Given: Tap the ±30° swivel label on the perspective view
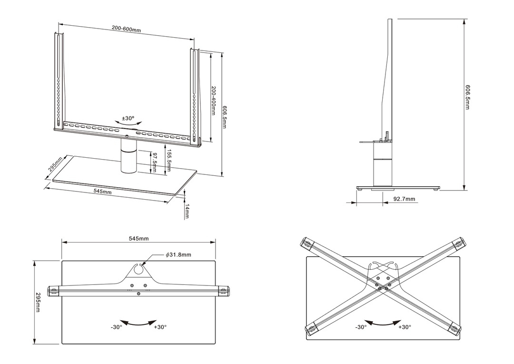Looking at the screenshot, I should [x=128, y=118].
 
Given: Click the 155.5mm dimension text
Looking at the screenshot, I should [x=168, y=162].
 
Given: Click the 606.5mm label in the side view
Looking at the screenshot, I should [x=468, y=97].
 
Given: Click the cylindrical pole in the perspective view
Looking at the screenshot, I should [x=128, y=159].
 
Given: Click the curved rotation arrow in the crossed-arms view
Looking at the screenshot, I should [x=382, y=323].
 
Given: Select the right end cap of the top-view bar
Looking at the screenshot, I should [x=224, y=290].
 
